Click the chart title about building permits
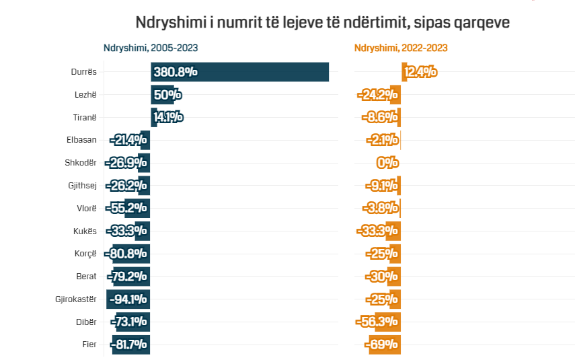pos(322,22)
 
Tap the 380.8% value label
pos(175,72)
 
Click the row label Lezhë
pos(85,95)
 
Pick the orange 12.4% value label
pos(420,72)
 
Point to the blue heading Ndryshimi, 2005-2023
pos(150,48)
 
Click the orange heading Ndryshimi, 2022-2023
pos(401,48)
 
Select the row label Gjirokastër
pos(76,299)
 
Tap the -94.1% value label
pos(127,299)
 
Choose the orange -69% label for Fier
pos(382,345)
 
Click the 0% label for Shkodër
pos(387,163)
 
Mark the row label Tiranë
pos(85,118)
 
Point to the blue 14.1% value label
pos(167,118)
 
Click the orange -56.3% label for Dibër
pos(377,322)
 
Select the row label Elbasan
pos(81,140)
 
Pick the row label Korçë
pos(85,254)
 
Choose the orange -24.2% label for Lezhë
pos(378,95)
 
